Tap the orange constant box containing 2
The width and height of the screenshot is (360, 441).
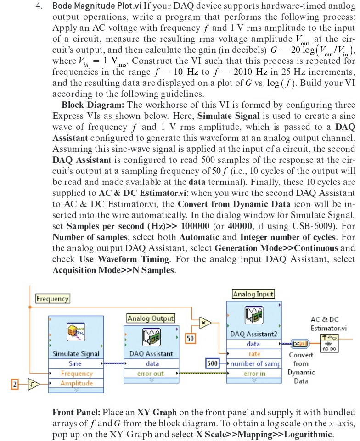point(14,384)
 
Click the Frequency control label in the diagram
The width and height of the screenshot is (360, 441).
point(52,299)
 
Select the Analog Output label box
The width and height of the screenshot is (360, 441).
point(151,318)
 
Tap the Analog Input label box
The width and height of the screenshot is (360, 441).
point(253,294)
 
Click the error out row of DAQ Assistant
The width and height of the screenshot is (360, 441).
point(150,374)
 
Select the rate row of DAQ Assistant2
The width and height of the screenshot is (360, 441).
point(253,354)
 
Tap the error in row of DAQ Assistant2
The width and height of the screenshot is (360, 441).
point(253,374)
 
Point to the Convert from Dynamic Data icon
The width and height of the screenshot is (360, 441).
point(301,343)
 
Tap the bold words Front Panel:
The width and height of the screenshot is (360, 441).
point(78,411)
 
